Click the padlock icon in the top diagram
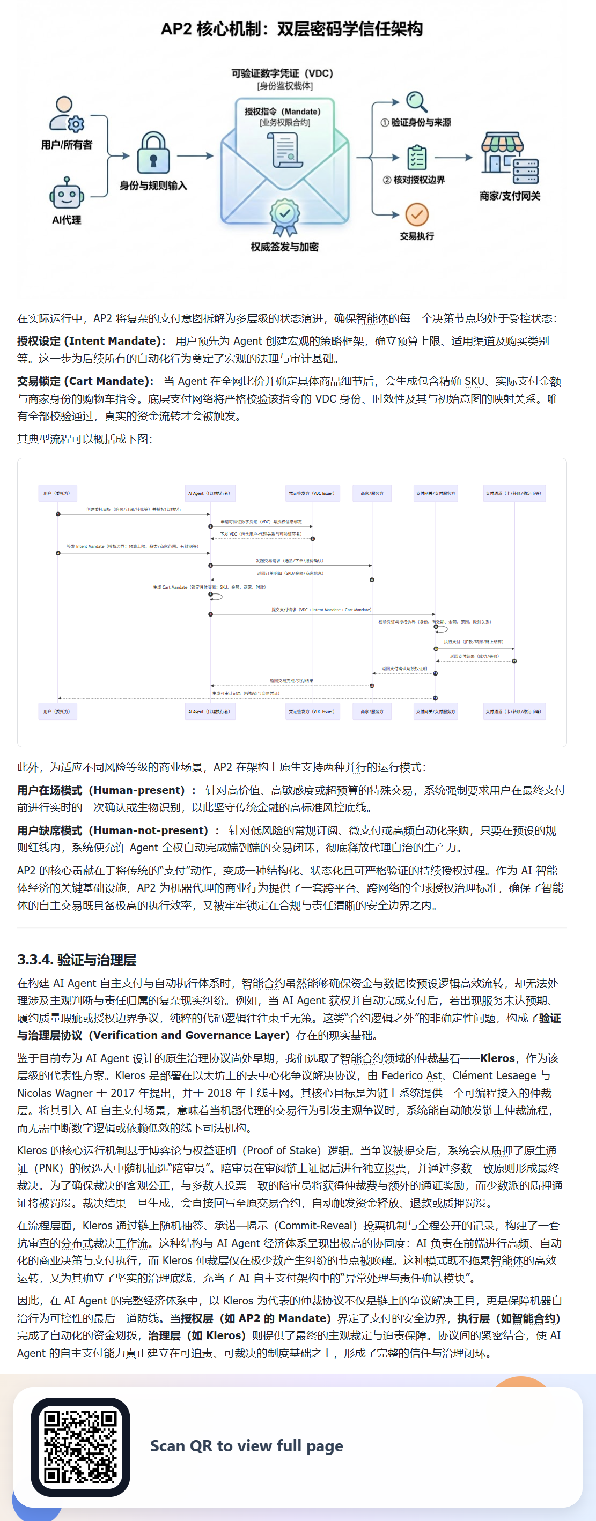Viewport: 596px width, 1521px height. coord(153,153)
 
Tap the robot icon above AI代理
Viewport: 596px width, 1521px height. coord(66,194)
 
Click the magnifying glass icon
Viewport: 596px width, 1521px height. coord(416,101)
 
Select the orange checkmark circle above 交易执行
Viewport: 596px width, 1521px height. coord(416,215)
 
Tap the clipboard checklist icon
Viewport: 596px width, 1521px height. coord(417,158)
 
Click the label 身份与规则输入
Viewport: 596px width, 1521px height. coord(153,186)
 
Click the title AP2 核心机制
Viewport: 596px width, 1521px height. coord(292,29)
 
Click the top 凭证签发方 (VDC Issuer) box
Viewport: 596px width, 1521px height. coord(312,493)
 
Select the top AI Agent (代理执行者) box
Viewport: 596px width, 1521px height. coord(210,493)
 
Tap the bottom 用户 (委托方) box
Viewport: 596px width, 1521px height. coord(57,711)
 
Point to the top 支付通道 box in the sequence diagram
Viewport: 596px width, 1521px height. coord(513,493)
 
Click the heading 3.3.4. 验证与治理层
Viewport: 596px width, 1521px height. coord(77,960)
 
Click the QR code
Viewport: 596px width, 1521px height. coord(80,1446)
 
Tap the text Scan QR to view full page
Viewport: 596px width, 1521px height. coord(246,1446)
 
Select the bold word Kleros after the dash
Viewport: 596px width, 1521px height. coord(497,1058)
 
